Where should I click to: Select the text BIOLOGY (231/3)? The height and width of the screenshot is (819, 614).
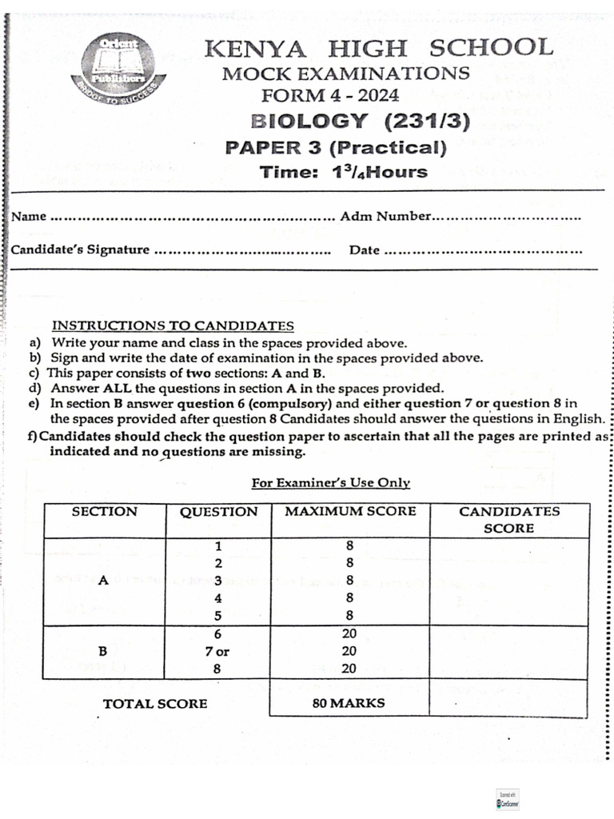[x=360, y=122]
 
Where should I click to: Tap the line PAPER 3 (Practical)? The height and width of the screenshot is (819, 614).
[x=336, y=147]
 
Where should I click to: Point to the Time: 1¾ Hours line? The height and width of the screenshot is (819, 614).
[x=344, y=172]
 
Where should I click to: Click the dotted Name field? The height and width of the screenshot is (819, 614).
[x=192, y=217]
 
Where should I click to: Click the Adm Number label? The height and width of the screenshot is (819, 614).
[x=385, y=216]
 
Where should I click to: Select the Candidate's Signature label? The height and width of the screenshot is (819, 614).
[x=80, y=250]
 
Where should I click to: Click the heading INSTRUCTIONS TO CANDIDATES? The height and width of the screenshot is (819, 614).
[x=173, y=326]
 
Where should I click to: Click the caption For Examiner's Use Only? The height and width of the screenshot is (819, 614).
[x=331, y=483]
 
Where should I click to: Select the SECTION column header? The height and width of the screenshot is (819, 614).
[x=104, y=512]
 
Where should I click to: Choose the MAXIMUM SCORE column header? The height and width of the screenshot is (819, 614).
[x=350, y=512]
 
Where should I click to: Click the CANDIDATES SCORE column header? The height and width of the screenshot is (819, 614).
[x=509, y=520]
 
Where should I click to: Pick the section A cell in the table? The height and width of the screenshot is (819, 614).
[x=103, y=581]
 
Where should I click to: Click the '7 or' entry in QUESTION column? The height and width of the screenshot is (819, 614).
[x=217, y=652]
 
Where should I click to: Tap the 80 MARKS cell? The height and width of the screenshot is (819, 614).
[x=348, y=703]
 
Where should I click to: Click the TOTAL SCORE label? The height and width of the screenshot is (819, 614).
[x=155, y=704]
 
